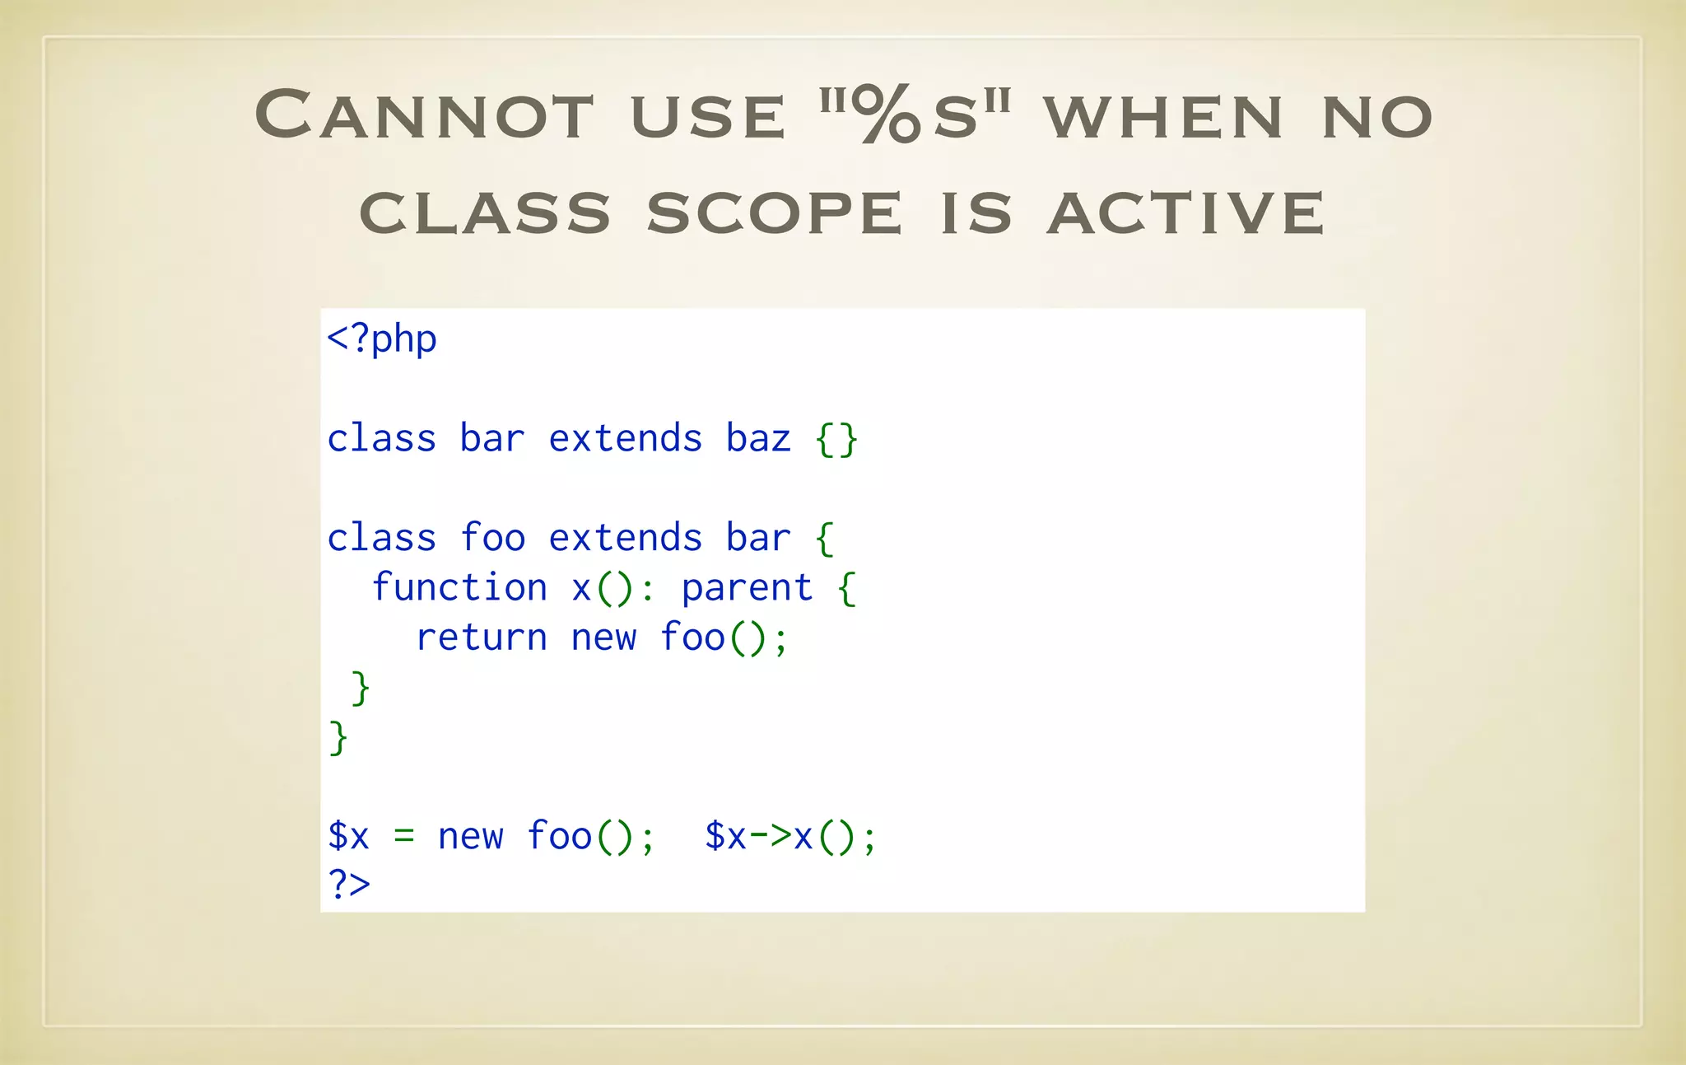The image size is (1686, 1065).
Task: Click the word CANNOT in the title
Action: coord(424,114)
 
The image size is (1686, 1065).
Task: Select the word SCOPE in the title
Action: coord(774,213)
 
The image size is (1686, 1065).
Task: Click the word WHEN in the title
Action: coord(1163,116)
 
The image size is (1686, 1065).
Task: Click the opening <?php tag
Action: coord(381,339)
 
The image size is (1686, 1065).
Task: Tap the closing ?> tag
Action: coord(349,885)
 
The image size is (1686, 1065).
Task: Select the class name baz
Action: coord(758,438)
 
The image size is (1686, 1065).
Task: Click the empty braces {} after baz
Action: coord(836,439)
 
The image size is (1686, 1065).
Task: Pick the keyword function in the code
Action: coord(459,588)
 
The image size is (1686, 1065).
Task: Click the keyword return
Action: coord(482,638)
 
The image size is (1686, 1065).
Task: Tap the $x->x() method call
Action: coord(790,837)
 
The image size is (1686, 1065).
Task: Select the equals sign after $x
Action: coord(403,837)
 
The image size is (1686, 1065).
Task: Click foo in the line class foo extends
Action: coord(492,538)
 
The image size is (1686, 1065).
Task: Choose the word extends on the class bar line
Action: coord(625,438)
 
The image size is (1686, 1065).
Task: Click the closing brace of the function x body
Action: coord(360,688)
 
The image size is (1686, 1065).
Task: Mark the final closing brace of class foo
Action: coord(338,737)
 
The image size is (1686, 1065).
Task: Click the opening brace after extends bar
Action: coord(825,539)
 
